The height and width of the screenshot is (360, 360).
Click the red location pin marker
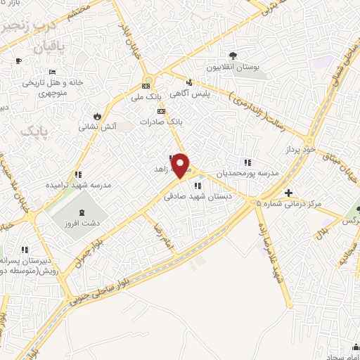click(181, 166)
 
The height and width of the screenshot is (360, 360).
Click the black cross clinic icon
click(288, 193)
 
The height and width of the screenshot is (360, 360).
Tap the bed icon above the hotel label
click(52, 72)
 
